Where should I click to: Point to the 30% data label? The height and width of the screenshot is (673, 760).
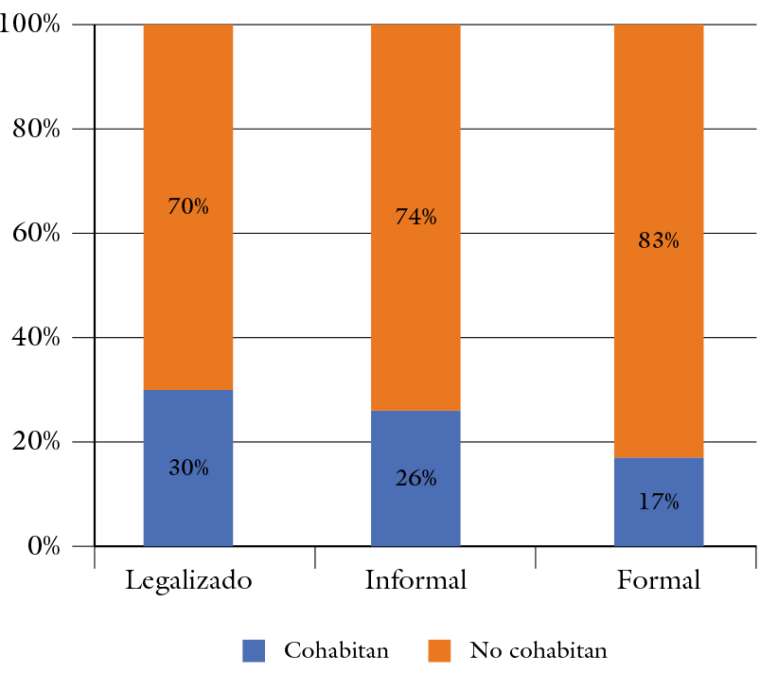188,468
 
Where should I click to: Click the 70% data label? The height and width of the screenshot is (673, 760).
188,206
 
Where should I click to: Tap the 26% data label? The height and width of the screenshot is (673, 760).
415,478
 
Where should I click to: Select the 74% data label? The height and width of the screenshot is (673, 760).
415,217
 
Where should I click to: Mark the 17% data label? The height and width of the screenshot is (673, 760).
659,502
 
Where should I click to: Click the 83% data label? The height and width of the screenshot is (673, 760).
659,240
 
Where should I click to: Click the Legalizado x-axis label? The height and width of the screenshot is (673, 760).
188,580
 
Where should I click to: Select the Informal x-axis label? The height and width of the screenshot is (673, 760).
415,580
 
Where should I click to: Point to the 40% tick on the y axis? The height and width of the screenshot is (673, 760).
37,338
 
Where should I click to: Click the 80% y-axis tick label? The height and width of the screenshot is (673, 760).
37,129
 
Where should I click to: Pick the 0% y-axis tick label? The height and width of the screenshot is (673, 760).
44,547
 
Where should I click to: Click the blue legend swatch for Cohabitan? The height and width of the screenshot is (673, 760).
255,650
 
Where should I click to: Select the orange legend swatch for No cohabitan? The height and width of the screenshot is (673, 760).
440,650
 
